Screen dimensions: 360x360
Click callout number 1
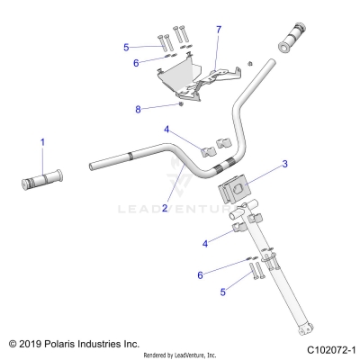[40, 141]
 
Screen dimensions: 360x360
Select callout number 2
[165, 207]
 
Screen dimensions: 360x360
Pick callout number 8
[138, 109]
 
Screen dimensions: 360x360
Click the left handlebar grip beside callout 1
[43, 177]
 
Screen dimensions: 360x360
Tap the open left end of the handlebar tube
[93, 165]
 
